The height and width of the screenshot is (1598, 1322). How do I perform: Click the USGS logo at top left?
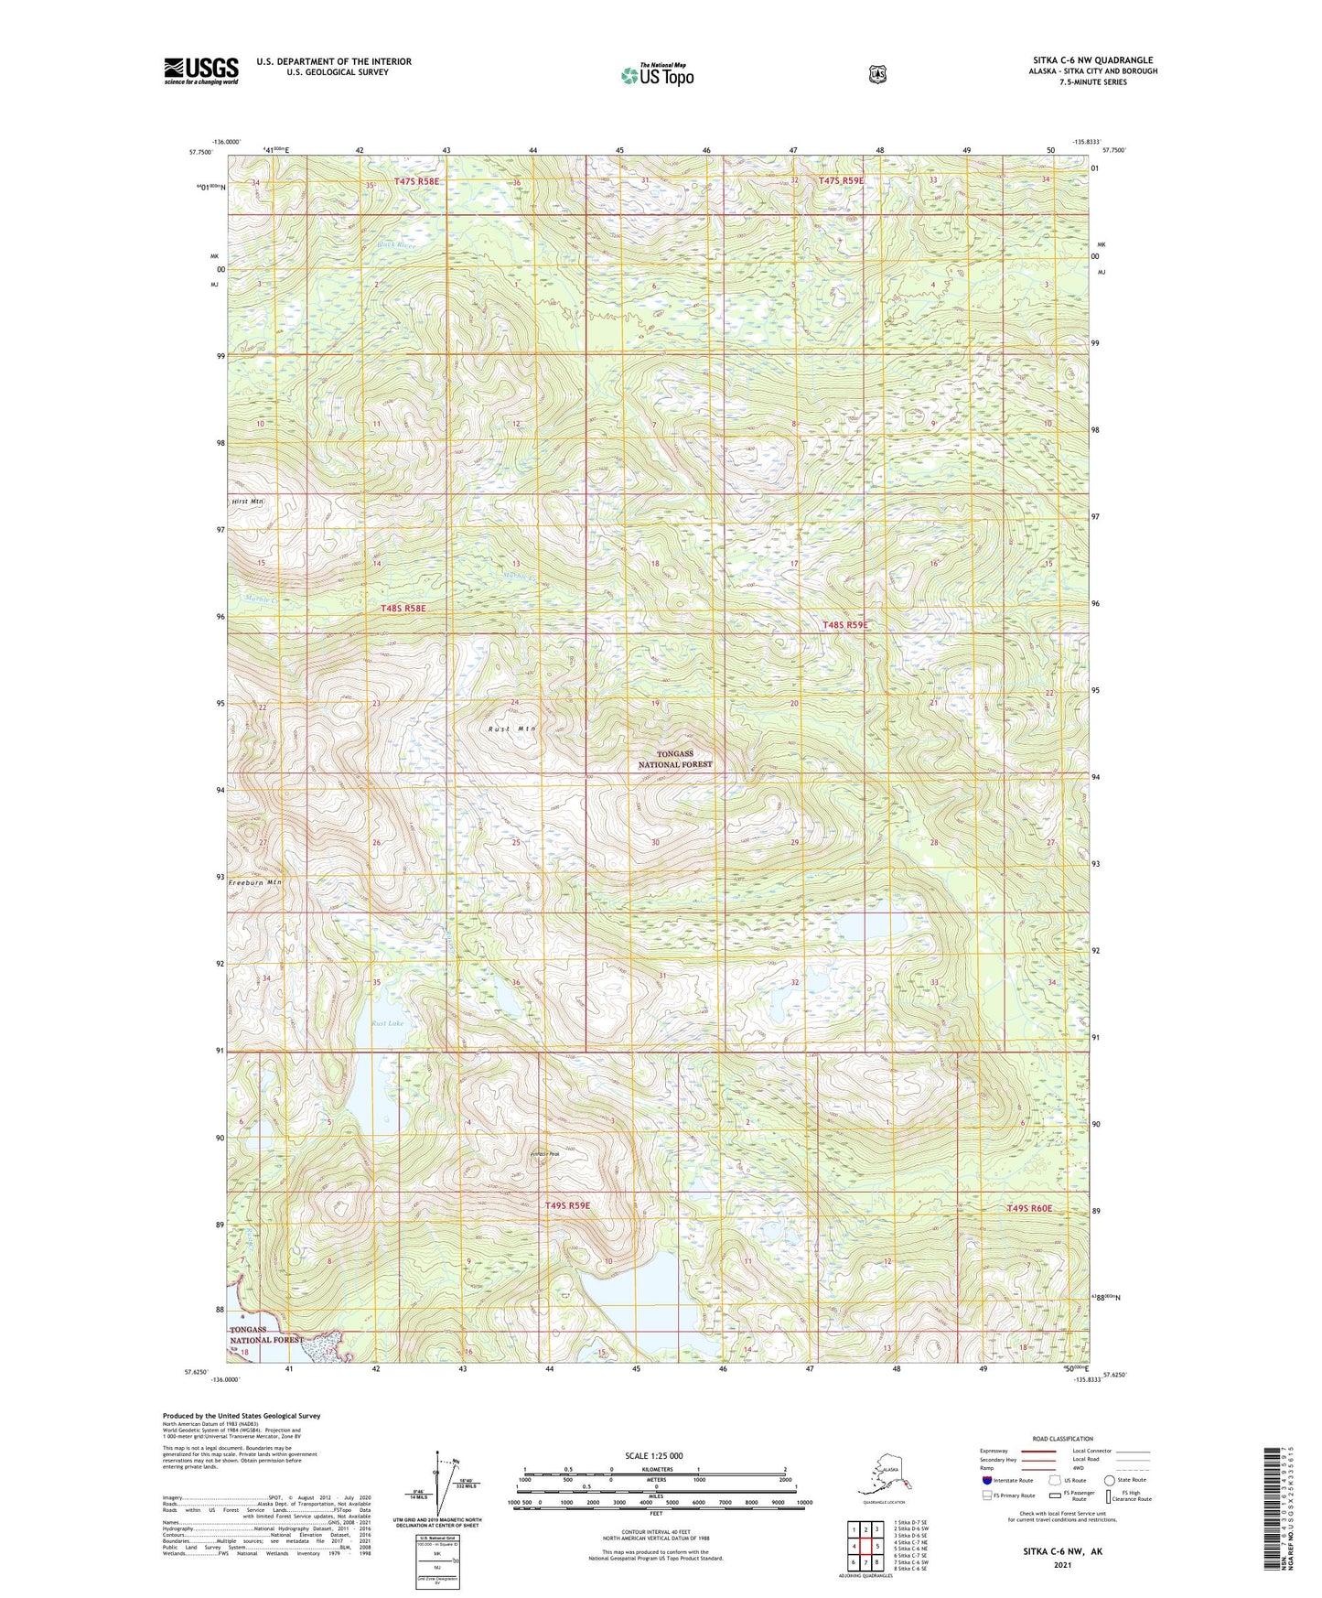point(201,70)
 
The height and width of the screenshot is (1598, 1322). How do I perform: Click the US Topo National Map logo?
point(657,75)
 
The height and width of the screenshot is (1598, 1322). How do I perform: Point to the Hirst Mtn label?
point(247,502)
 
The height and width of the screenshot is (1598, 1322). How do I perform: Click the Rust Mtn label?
point(511,729)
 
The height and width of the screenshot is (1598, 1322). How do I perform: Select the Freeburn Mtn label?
point(254,882)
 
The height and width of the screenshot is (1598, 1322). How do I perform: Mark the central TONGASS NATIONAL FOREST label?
point(674,760)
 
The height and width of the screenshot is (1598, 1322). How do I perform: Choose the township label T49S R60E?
point(1029,1208)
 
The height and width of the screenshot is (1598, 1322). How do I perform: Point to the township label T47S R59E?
point(841,181)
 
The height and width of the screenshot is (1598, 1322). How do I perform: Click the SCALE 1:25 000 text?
point(653,1455)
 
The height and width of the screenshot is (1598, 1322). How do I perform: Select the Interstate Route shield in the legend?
point(987,1479)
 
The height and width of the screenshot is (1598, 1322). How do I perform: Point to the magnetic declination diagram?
point(447,1484)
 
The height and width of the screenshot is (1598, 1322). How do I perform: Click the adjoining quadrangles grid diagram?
point(865,1547)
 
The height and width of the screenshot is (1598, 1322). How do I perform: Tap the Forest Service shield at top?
point(877,74)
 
